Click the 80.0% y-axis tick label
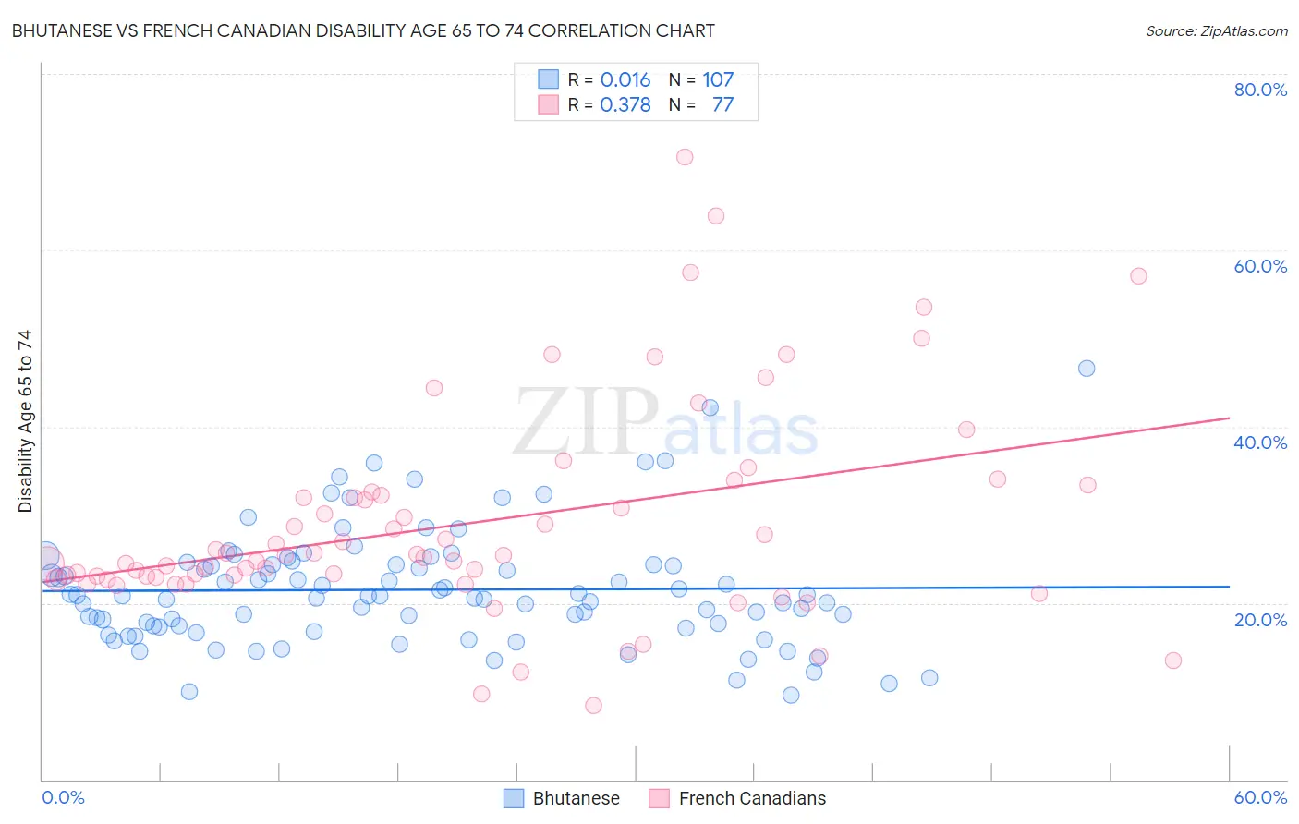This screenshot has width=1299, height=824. pos(1260,90)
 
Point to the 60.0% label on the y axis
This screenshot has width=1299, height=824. pos(1260,266)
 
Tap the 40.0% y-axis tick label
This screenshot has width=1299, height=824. pos(1260,442)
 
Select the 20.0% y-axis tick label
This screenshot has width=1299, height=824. pos(1260,620)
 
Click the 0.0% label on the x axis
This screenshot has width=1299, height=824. pos(63,797)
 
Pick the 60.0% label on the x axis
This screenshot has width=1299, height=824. pos(1260,797)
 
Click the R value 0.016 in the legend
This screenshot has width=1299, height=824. pos(625,80)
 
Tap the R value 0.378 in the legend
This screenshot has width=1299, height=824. pos(625,105)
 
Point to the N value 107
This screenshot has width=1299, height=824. pos(718,80)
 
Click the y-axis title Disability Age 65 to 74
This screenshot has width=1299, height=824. pos(25,421)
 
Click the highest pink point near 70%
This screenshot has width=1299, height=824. pos(685,157)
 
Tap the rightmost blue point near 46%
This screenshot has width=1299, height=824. pos(1087,369)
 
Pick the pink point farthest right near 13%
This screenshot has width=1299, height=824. pos(1173,660)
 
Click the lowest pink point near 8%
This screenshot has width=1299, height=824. pos(593,706)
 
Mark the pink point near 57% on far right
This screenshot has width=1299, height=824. pos(1138,276)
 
